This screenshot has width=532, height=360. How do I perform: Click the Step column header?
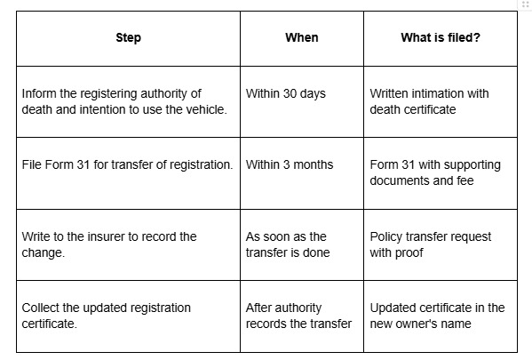(x=128, y=37)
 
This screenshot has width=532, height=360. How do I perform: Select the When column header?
(x=302, y=37)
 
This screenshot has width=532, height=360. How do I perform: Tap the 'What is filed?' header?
(x=441, y=37)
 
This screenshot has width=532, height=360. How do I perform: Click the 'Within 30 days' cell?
(x=286, y=93)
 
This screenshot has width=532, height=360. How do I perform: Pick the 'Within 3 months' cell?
(x=290, y=164)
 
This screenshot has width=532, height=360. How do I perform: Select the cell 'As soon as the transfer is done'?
(x=288, y=244)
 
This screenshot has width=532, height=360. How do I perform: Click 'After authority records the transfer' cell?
(x=298, y=316)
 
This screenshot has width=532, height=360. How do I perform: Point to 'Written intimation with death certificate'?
(x=429, y=101)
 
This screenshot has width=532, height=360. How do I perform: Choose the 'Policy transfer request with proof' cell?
(x=430, y=244)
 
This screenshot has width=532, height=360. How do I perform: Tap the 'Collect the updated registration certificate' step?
(x=107, y=316)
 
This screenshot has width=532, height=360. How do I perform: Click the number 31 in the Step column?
(x=83, y=164)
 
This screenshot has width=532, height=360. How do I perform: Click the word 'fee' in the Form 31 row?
(x=465, y=180)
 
